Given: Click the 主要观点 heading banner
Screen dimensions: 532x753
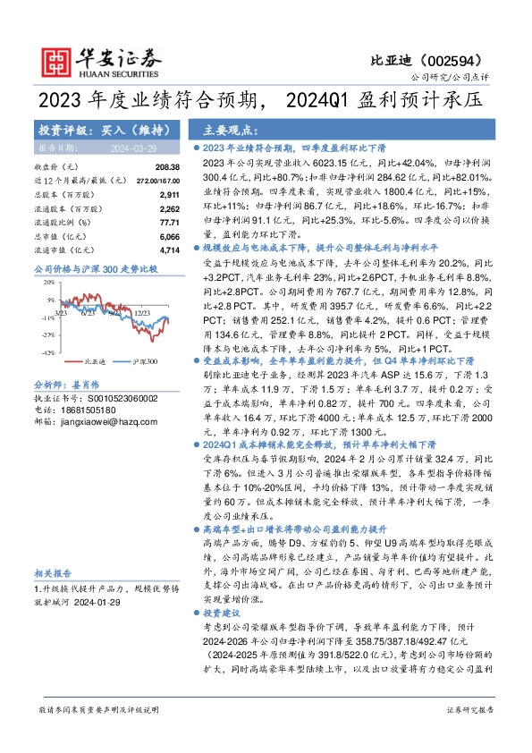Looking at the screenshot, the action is pos(223,129).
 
